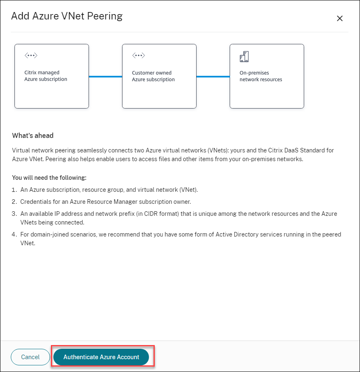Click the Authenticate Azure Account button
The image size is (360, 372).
pyautogui.click(x=101, y=357)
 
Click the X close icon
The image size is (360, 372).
pyautogui.click(x=340, y=18)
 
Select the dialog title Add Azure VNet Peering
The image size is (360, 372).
pyautogui.click(x=67, y=17)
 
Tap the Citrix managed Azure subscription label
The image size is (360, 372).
pyautogui.click(x=46, y=76)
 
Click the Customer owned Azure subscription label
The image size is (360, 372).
pyautogui.click(x=153, y=76)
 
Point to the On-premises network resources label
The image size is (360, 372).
pyautogui.click(x=261, y=76)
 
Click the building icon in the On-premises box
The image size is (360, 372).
pyautogui.click(x=244, y=56)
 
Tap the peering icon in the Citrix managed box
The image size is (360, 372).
pyautogui.click(x=31, y=56)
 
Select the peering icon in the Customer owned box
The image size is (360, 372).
pyautogui.click(x=138, y=56)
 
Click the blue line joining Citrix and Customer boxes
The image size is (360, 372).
pyautogui.click(x=106, y=76)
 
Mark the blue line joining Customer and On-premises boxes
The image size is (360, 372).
pyautogui.click(x=213, y=76)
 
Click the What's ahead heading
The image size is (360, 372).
pyautogui.click(x=33, y=135)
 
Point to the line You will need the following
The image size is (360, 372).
pyautogui.click(x=49, y=178)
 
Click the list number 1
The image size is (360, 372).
pyautogui.click(x=14, y=190)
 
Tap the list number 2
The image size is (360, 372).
pyautogui.click(x=14, y=202)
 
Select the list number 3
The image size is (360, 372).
pyautogui.click(x=14, y=214)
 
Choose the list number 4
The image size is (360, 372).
pyautogui.click(x=14, y=234)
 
